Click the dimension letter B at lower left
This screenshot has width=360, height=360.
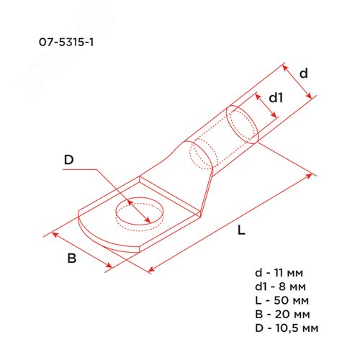click(71, 258)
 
